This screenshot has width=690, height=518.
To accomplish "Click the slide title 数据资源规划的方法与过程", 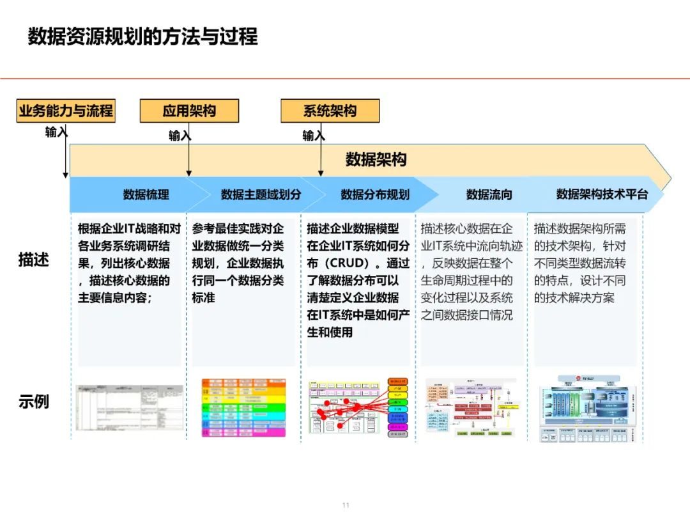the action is (x=142, y=36).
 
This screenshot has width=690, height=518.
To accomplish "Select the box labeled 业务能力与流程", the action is (x=66, y=111).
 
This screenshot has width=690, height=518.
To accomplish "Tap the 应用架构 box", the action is (x=189, y=111).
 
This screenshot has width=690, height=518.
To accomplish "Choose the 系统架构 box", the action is (x=330, y=111).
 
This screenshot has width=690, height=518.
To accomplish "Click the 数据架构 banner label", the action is (x=376, y=159).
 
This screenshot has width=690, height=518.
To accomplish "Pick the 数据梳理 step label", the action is (x=146, y=194).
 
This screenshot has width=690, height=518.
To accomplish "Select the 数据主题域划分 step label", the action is (x=261, y=194).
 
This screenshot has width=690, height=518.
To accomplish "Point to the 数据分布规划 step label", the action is (x=375, y=194).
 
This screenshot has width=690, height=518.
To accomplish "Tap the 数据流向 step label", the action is (x=489, y=194).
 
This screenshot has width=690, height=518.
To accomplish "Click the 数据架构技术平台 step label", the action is (x=602, y=194).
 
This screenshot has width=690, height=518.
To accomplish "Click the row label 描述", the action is (x=34, y=260).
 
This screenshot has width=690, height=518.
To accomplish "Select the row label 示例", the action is (x=34, y=402).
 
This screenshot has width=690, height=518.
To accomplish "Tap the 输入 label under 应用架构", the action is (x=179, y=136).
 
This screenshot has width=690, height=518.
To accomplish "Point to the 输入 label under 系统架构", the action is (x=313, y=136).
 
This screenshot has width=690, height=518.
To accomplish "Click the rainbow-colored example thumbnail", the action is (x=243, y=407).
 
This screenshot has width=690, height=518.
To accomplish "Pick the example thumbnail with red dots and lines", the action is (x=358, y=407).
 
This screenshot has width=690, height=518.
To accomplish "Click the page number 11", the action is (x=346, y=505).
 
